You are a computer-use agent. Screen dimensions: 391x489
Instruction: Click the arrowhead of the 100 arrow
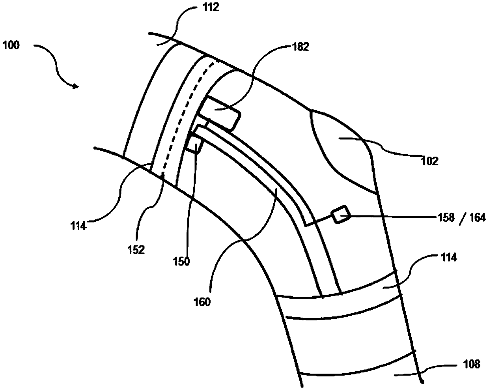click(77, 86)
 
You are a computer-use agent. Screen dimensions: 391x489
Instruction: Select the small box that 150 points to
click(193, 144)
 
